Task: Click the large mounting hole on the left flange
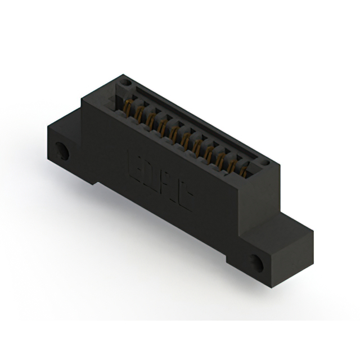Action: [62, 151]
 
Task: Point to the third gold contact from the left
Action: [151, 119]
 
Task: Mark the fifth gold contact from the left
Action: [174, 131]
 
